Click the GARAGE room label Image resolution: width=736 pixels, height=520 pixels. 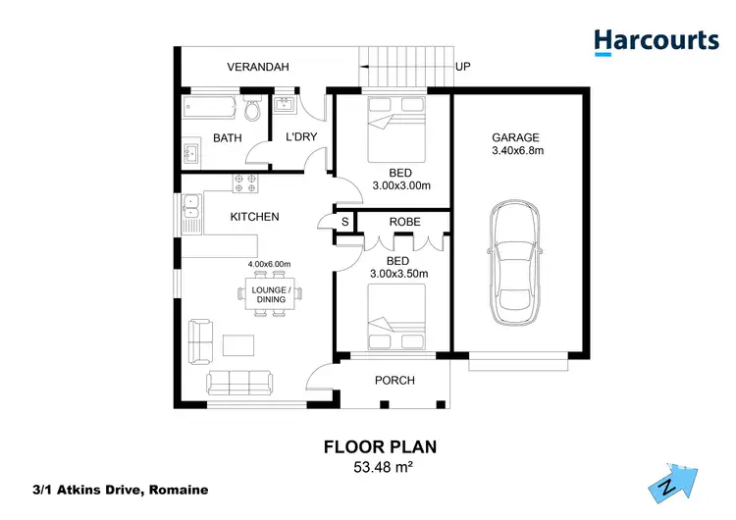(516, 137)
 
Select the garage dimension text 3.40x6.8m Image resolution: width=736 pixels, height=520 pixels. (517, 151)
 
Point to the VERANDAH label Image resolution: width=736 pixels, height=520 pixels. (257, 68)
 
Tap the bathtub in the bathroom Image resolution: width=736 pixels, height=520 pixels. (210, 106)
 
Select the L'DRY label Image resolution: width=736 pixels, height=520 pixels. (301, 137)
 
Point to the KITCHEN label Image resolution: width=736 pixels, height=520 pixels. (255, 217)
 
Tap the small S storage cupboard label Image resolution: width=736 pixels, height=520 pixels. (344, 223)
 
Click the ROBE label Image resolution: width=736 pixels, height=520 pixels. (404, 223)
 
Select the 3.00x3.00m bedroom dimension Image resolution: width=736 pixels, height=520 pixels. (402, 185)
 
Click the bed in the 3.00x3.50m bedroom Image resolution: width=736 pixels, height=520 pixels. (396, 318)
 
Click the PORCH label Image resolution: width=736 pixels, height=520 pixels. (395, 381)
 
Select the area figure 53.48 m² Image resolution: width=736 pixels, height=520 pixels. (380, 467)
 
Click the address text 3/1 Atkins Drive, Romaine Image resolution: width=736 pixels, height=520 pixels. (120, 490)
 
